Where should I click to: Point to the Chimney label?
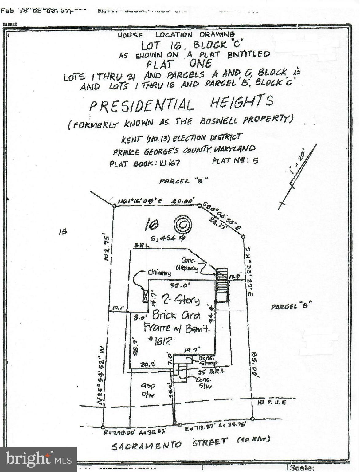tap(159, 272)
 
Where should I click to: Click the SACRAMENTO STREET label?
tap(169, 444)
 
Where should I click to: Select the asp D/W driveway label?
tap(148, 390)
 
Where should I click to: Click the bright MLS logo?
tap(38, 459)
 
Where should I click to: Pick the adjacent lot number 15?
tap(62, 232)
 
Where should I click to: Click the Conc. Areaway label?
tap(187, 264)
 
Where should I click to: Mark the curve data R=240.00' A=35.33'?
tap(135, 432)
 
